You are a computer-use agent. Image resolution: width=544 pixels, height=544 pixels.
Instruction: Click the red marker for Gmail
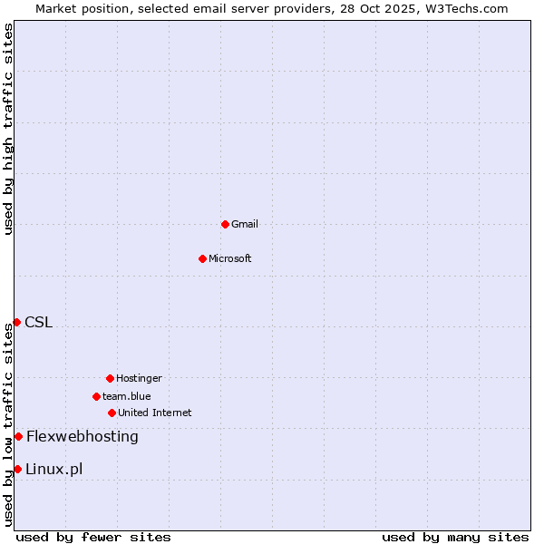pyautogui.click(x=225, y=224)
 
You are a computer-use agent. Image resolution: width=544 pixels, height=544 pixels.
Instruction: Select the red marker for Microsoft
pyautogui.click(x=202, y=258)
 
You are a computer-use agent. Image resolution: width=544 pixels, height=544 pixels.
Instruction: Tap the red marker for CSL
pyautogui.click(x=16, y=322)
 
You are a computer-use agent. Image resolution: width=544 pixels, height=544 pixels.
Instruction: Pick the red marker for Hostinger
pyautogui.click(x=110, y=378)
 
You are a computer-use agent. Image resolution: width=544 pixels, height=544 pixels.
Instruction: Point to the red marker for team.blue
pyautogui.click(x=96, y=396)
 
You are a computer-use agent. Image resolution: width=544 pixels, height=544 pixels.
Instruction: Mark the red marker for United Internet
pyautogui.click(x=112, y=413)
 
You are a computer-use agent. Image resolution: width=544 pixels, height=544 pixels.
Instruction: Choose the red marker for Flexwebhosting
pyautogui.click(x=18, y=436)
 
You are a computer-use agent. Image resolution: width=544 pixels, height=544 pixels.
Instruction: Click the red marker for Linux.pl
pyautogui.click(x=17, y=469)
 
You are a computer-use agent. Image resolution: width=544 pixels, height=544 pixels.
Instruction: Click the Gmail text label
pyautogui.click(x=245, y=224)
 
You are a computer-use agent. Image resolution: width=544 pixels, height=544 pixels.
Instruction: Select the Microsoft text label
pyautogui.click(x=230, y=258)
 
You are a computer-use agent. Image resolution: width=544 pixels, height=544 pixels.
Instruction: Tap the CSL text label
pyautogui.click(x=39, y=322)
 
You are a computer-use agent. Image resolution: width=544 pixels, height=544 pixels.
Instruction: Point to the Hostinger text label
pyautogui.click(x=139, y=378)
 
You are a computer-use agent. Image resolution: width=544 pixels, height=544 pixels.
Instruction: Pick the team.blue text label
pyautogui.click(x=127, y=396)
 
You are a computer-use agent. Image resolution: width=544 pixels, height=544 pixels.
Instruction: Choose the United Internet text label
pyautogui.click(x=155, y=413)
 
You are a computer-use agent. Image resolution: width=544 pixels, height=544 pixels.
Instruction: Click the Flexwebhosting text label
pyautogui.click(x=83, y=436)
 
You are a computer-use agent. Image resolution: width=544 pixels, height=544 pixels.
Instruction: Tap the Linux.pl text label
pyautogui.click(x=54, y=469)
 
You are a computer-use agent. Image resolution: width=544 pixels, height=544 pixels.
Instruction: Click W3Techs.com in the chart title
pyautogui.click(x=468, y=8)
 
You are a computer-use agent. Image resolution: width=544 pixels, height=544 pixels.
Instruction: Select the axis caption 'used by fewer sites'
pyautogui.click(x=93, y=537)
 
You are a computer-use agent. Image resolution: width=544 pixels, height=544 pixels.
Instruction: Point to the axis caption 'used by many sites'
pyautogui.click(x=455, y=537)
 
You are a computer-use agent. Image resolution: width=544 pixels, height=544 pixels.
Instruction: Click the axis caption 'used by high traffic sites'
pyautogui.click(x=8, y=130)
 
